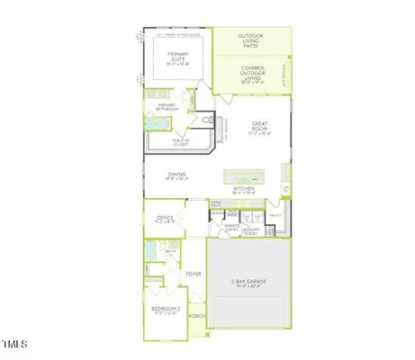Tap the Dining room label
(176, 176)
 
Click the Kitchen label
(245, 189)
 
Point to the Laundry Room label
(251, 229)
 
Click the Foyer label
(193, 273)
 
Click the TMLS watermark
(15, 344)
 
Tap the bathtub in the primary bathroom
(155, 124)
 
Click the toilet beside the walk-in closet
(206, 119)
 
